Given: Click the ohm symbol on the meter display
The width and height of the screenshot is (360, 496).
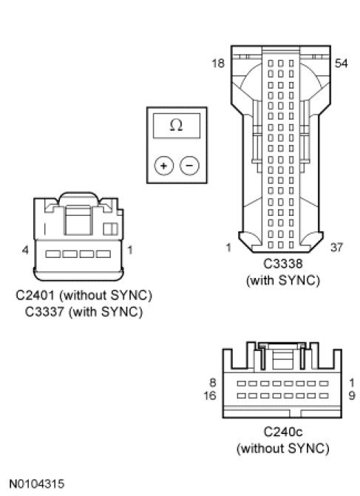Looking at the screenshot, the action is point(176,125).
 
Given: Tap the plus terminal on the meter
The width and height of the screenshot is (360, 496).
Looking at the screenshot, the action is point(164,166).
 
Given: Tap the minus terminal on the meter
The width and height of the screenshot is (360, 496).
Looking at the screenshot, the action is point(189,166).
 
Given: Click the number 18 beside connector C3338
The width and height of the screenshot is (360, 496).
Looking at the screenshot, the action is point(218,64).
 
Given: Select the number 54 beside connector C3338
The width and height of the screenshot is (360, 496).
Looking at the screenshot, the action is point(342,64).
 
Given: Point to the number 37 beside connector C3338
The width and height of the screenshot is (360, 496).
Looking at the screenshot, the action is point(336,248).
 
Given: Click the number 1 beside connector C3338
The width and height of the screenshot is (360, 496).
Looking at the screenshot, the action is point(228,248).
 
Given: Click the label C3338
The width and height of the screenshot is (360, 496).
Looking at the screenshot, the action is point(283,263).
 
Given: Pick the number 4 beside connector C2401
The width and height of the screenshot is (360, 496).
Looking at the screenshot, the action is point(25,250).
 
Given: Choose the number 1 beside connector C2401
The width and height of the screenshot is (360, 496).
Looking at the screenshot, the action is point(129,250).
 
